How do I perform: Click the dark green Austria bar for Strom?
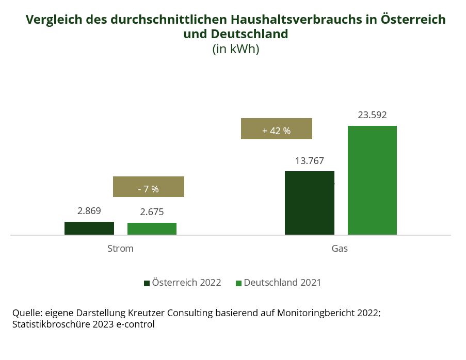click(89, 228)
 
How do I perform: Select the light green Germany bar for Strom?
click(152, 228)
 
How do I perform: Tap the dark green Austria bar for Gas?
click(310, 203)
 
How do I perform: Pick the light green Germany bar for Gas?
click(372, 180)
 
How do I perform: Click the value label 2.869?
click(89, 210)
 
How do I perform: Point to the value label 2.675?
click(152, 212)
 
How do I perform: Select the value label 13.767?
click(310, 160)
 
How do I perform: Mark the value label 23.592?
click(372, 115)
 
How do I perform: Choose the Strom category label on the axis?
click(120, 248)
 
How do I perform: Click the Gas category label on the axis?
click(340, 248)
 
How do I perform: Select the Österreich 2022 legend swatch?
click(147, 283)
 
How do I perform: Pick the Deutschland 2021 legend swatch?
click(238, 283)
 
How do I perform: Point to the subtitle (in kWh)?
click(235, 50)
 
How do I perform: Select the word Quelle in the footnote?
click(26, 313)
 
